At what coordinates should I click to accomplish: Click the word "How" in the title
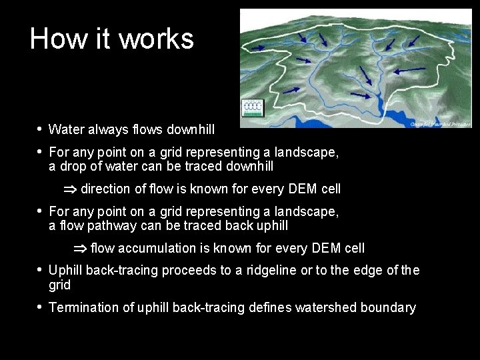[x=52, y=39]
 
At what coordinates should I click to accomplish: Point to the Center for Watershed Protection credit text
[x=440, y=123]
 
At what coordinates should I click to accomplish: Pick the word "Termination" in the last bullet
[x=83, y=307]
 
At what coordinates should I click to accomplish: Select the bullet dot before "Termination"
[x=39, y=307]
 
